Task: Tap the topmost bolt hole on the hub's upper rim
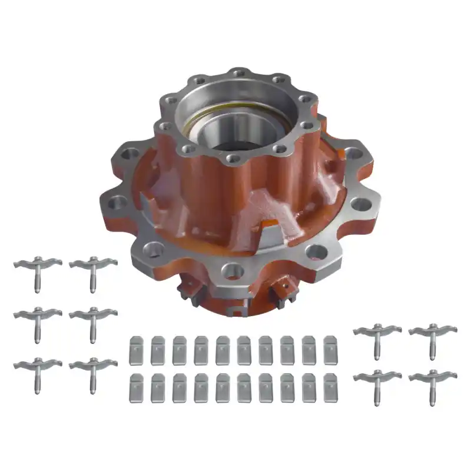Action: (x=237, y=74)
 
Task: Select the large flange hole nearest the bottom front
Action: (x=233, y=271)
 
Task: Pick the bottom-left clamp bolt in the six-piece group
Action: (x=38, y=371)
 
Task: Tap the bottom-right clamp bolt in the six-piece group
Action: (x=93, y=371)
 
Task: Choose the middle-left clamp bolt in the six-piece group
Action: (x=38, y=320)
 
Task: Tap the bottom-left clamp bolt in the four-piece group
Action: (x=377, y=382)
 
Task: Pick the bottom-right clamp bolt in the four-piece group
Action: (x=433, y=382)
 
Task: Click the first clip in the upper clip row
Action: (x=136, y=350)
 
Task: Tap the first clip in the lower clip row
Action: (x=136, y=388)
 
